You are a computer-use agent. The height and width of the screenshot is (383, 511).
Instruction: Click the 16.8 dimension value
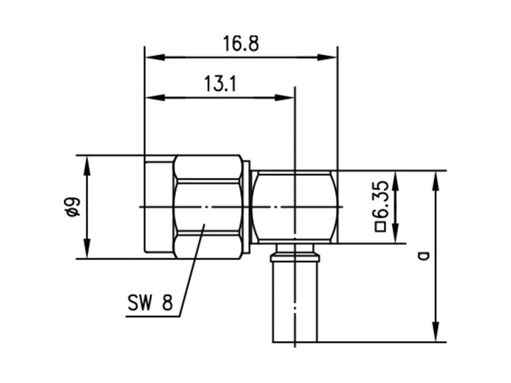tap(241, 43)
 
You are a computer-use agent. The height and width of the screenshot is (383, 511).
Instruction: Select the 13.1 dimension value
tap(220, 84)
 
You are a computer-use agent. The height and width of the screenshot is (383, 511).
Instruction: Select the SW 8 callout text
tap(150, 303)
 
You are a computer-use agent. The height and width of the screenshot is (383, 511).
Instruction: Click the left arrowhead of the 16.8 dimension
tap(154, 57)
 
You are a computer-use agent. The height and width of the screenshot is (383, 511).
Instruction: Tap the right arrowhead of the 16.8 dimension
tap(328, 57)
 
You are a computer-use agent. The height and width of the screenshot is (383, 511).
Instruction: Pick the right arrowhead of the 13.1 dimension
tap(285, 97)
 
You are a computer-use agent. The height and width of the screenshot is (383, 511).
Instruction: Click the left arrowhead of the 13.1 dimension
tap(155, 97)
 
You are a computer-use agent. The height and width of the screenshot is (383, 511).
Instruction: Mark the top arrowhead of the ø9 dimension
tap(87, 164)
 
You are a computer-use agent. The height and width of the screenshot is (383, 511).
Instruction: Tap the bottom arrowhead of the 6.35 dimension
tap(396, 234)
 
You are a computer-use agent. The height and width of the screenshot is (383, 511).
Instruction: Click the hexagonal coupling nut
tap(207, 207)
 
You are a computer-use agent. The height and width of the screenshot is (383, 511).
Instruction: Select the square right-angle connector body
tap(294, 207)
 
